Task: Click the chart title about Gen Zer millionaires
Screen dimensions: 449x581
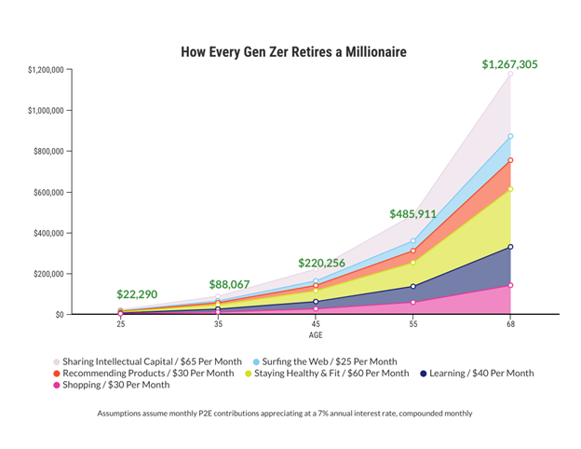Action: point(293,52)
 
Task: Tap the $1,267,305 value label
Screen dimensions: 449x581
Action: point(509,64)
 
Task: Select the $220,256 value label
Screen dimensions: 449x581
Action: point(322,264)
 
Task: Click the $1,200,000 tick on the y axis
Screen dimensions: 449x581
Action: point(44,70)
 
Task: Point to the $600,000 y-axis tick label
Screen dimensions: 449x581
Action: point(47,192)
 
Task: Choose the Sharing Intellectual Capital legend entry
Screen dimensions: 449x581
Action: point(152,361)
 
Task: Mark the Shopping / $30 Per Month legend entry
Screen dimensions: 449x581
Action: point(116,385)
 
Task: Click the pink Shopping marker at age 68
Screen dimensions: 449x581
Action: point(510,286)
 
